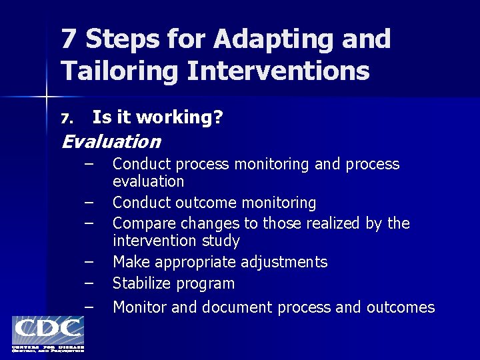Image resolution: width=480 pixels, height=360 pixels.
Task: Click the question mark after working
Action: click(x=218, y=118)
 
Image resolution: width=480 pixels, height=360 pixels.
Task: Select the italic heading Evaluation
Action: click(x=111, y=142)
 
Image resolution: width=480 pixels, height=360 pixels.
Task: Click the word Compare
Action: click(x=142, y=223)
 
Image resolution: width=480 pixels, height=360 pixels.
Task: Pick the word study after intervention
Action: click(x=221, y=240)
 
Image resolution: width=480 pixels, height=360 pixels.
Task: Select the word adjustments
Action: click(x=285, y=262)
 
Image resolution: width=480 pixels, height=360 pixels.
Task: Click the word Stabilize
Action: click(x=141, y=283)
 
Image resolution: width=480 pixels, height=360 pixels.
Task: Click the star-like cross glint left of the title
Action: click(x=47, y=97)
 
